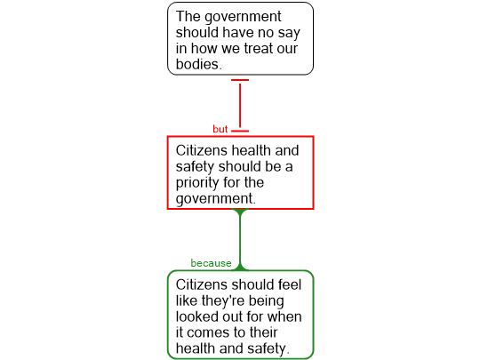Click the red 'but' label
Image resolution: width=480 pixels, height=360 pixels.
pyautogui.click(x=220, y=129)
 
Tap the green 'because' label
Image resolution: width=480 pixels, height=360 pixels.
pyautogui.click(x=211, y=263)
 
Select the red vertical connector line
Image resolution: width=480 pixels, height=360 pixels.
pyautogui.click(x=240, y=106)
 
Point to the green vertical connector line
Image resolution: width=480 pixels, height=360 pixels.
pyautogui.click(x=240, y=240)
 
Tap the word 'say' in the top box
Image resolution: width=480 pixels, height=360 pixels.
pyautogui.click(x=289, y=33)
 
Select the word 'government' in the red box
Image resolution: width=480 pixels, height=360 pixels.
pyautogui.click(x=214, y=199)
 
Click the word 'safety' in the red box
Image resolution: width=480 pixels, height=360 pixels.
pyautogui.click(x=195, y=167)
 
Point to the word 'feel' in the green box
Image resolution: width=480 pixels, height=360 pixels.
pyautogui.click(x=290, y=284)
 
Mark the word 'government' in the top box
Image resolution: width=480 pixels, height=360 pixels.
pyautogui.click(x=243, y=17)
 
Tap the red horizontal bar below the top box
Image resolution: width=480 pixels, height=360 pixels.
pyautogui.click(x=240, y=80)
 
